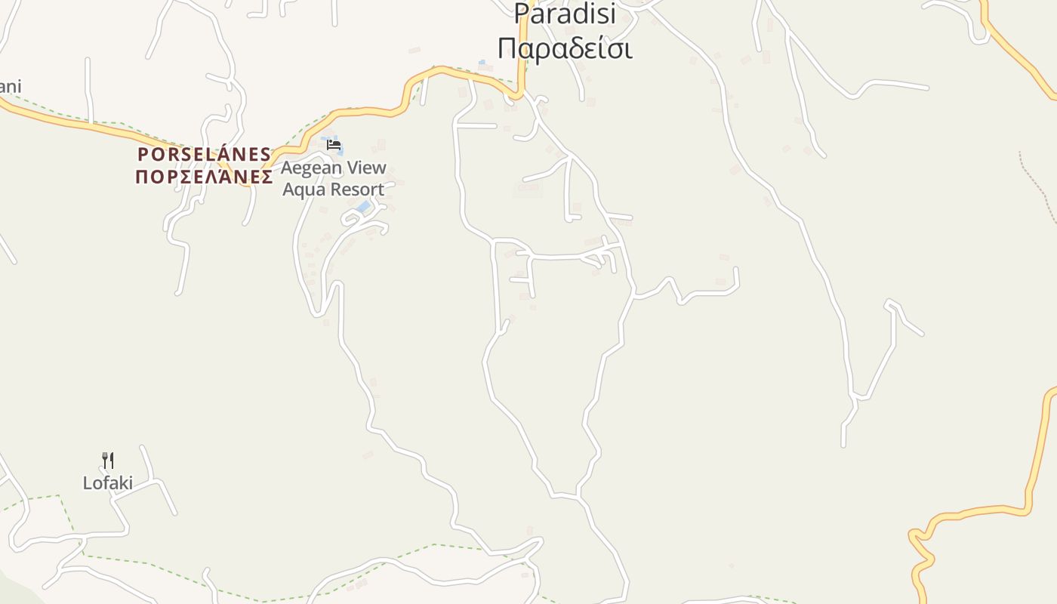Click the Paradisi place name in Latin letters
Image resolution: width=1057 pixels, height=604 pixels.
tap(565, 13)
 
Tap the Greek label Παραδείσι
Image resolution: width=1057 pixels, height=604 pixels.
tap(565, 48)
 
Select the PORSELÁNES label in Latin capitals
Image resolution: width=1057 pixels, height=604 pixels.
tap(204, 155)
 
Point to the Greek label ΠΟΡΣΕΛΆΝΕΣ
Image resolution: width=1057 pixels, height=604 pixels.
tap(204, 177)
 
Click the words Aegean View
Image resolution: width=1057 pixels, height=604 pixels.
tap(334, 168)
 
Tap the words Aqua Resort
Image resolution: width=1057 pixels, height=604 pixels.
tap(334, 189)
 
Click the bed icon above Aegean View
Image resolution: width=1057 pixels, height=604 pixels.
tap(334, 145)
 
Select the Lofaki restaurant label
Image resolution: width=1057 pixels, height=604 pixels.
tap(107, 482)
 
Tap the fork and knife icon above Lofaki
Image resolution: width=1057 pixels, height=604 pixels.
tap(108, 460)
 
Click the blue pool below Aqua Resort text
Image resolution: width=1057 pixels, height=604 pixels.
tap(364, 206)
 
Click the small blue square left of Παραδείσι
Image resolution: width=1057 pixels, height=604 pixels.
tap(482, 62)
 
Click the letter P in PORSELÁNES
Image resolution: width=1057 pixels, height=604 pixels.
tap(142, 155)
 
